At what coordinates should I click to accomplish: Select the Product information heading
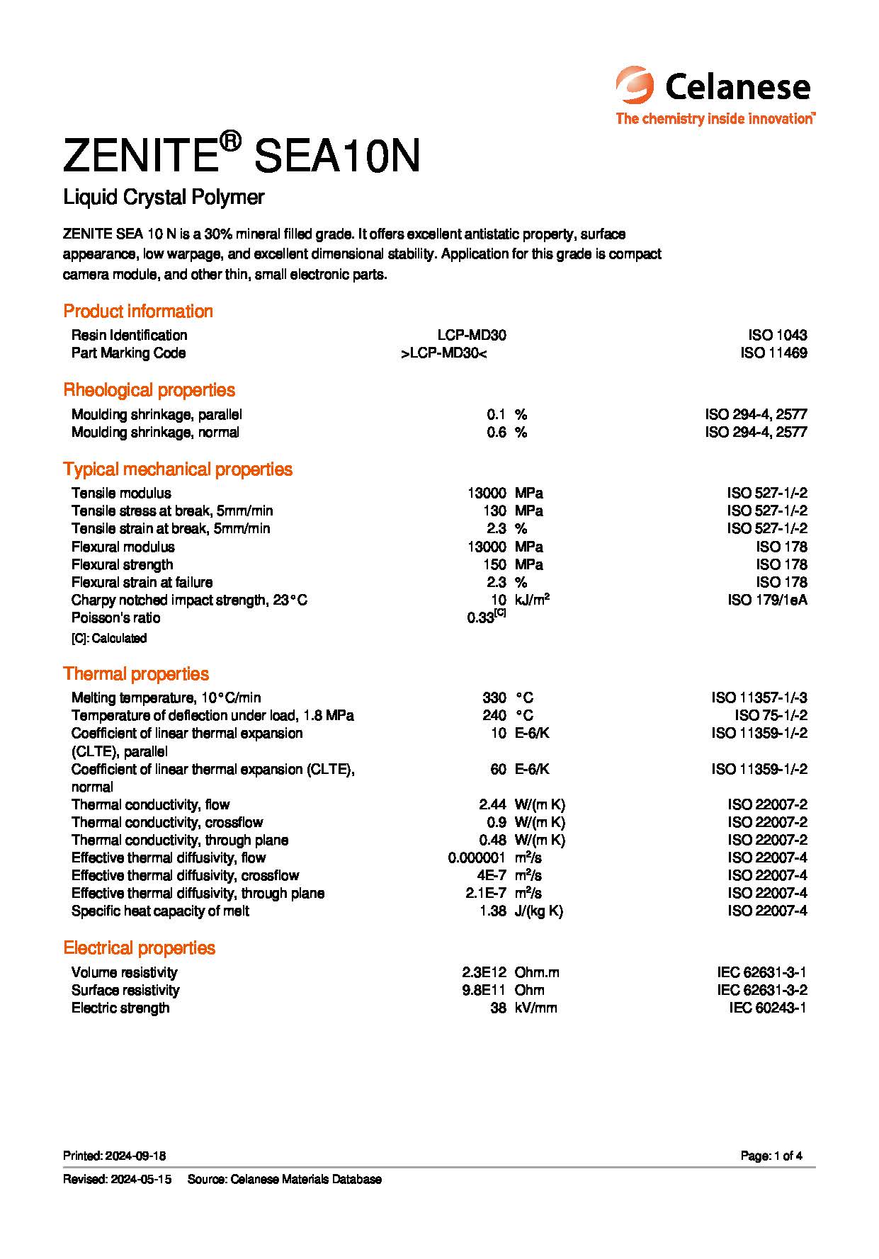click(138, 311)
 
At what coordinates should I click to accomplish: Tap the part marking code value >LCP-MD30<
click(443, 353)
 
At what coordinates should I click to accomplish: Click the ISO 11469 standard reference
click(773, 353)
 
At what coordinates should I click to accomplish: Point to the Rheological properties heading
click(149, 390)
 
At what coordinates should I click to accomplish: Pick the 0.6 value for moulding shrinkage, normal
click(496, 432)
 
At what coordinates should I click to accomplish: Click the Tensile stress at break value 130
click(494, 511)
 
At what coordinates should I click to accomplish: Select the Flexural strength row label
click(122, 564)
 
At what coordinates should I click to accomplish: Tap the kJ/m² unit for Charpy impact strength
click(532, 600)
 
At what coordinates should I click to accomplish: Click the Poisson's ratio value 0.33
click(481, 617)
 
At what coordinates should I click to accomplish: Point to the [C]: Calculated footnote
click(109, 638)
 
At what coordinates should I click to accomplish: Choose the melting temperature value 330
click(494, 697)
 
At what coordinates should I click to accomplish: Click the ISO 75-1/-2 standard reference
click(771, 715)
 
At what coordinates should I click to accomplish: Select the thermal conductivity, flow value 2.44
click(492, 804)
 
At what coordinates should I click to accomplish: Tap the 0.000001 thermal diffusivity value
click(477, 858)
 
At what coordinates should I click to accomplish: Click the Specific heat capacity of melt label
click(160, 911)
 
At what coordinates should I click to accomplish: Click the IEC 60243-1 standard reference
click(768, 1008)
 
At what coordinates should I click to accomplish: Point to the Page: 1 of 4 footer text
click(771, 1156)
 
